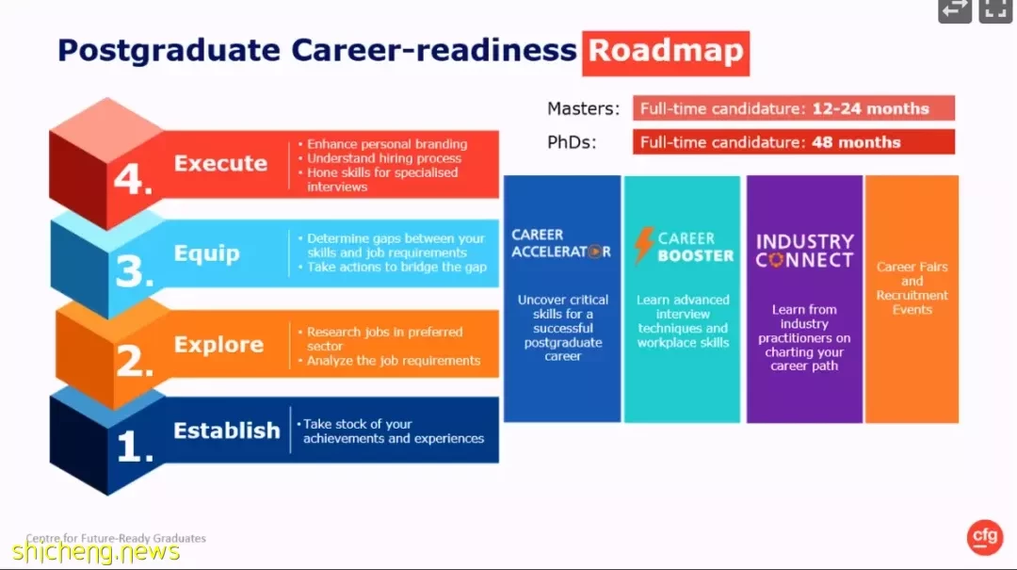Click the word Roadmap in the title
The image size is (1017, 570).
(666, 51)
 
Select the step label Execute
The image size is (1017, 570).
(220, 163)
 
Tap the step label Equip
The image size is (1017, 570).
(207, 253)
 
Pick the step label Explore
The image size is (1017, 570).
(218, 345)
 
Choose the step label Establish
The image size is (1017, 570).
(226, 431)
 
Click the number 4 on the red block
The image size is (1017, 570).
(133, 179)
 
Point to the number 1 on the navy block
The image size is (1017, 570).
(135, 448)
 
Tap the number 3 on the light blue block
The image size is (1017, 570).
(135, 271)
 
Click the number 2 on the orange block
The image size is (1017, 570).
(135, 360)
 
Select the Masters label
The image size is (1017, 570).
(583, 108)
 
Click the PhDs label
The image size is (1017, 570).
(572, 142)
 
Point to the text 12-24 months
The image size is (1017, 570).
(870, 108)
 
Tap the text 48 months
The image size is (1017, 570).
(856, 142)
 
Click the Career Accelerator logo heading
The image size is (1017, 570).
(561, 243)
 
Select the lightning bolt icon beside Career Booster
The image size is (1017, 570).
(644, 245)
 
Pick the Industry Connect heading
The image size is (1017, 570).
(804, 251)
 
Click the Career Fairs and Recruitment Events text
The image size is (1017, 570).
(912, 288)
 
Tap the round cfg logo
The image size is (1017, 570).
(985, 537)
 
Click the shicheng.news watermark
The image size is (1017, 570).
(96, 552)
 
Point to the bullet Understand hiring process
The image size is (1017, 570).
(384, 158)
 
